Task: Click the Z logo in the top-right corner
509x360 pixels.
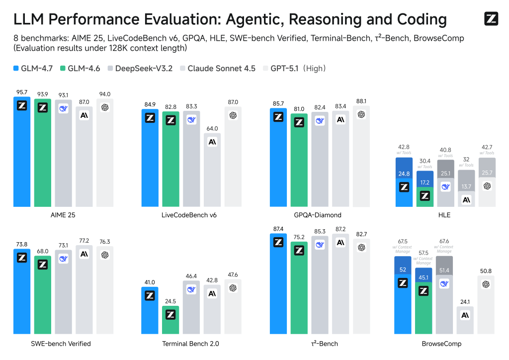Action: coord(491,19)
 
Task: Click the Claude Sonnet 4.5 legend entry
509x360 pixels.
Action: coord(218,68)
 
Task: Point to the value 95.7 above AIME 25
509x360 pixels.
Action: coord(21,92)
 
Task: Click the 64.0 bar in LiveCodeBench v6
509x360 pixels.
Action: coord(212,170)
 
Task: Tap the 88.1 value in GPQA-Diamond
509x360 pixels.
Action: coord(361,101)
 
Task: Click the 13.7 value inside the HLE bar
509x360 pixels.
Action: coord(466,186)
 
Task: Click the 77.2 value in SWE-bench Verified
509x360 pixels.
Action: coord(84,240)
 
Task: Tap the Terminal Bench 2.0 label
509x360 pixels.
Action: coord(190,343)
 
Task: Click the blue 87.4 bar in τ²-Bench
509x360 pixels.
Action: coord(278,283)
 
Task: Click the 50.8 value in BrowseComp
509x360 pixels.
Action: coord(486,271)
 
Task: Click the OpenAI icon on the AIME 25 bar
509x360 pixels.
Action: coord(105,107)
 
